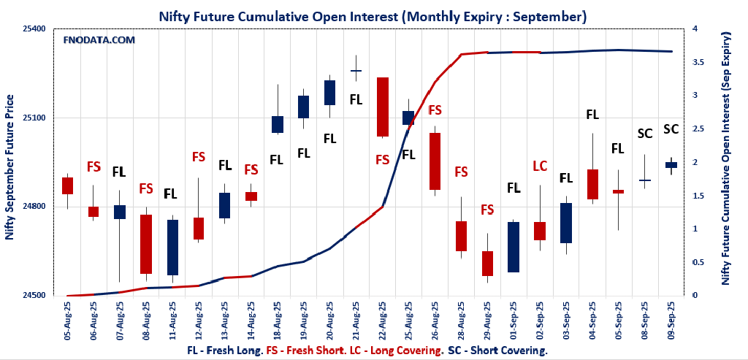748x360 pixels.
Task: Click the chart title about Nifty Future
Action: tap(373, 15)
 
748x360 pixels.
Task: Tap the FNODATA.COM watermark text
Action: tap(99, 40)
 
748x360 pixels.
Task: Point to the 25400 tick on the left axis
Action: tap(33, 29)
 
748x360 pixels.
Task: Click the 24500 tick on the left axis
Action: tap(33, 296)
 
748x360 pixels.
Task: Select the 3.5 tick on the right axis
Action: tap(700, 62)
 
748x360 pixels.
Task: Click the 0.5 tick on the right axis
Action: tap(700, 262)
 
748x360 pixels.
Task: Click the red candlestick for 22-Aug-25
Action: tap(382, 107)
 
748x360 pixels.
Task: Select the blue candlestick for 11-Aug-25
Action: tap(172, 248)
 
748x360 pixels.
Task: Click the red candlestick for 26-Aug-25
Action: tap(435, 161)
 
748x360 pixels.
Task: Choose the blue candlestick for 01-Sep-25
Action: tap(514, 247)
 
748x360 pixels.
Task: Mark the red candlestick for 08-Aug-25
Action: tap(145, 244)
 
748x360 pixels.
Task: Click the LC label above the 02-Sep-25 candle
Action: tap(540, 166)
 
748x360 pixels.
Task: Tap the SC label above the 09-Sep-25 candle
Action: tap(671, 129)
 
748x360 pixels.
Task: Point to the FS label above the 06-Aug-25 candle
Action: tap(93, 166)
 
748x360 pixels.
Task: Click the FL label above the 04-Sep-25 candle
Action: tap(592, 115)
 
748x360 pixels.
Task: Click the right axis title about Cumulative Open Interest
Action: tap(726, 158)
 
